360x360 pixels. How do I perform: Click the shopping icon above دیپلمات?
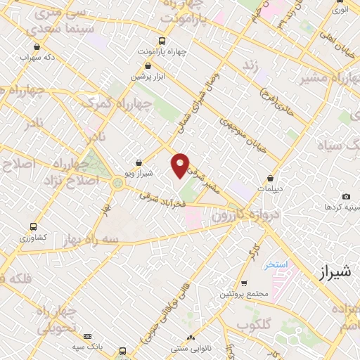pyautogui.click(x=270, y=179)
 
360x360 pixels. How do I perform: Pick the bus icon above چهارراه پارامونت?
pyautogui.click(x=162, y=41)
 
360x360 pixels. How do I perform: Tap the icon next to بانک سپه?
pyautogui.click(x=87, y=337)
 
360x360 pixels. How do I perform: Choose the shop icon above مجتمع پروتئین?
pyautogui.click(x=243, y=284)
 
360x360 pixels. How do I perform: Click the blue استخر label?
pyautogui.click(x=276, y=265)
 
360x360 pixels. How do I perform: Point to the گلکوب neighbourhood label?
pyautogui.click(x=254, y=326)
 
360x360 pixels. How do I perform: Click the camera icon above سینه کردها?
pyautogui.click(x=345, y=197)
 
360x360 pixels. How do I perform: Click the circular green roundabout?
pyautogui.click(x=117, y=184)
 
